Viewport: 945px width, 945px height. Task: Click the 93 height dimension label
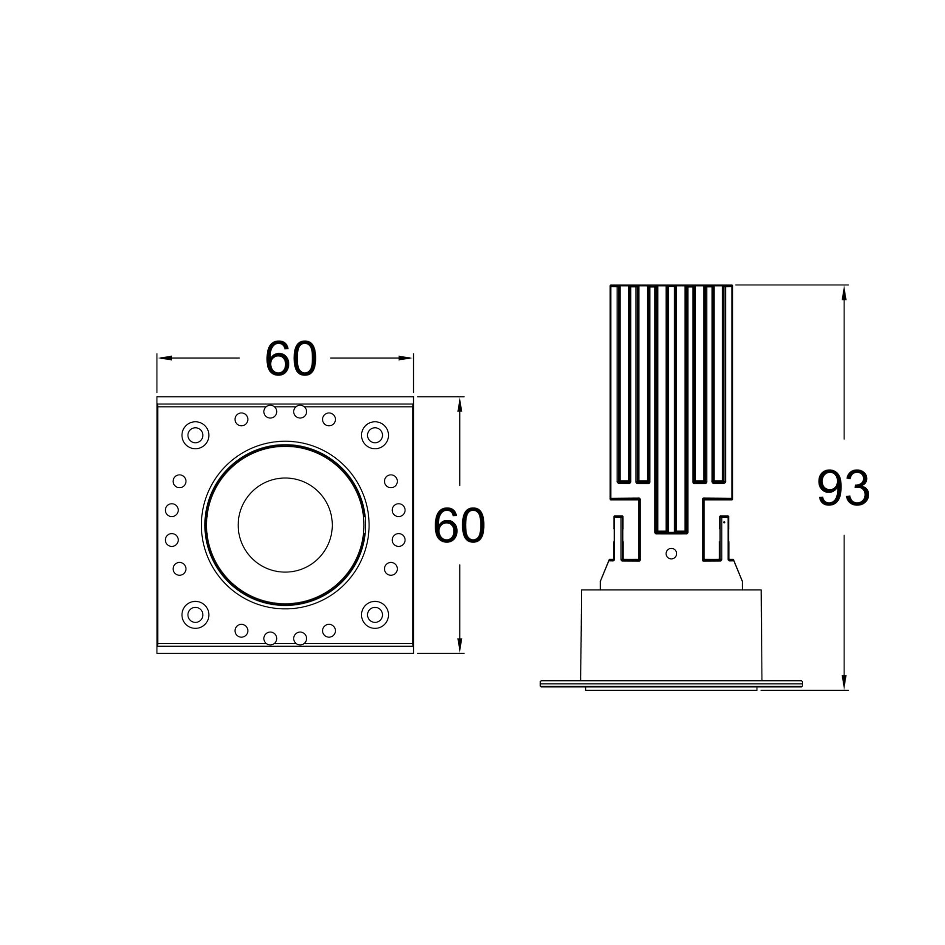[844, 487]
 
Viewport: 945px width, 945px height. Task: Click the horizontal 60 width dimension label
[291, 358]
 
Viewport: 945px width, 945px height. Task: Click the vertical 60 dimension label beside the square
[459, 525]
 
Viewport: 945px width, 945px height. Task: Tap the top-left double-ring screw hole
[195, 435]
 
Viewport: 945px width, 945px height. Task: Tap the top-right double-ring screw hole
[375, 435]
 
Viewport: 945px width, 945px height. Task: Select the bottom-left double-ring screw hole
[195, 615]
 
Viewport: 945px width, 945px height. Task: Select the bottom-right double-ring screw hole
[375, 615]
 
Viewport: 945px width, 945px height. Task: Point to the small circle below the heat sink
[671, 554]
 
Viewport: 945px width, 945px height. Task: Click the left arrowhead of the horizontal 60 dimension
[164, 358]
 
